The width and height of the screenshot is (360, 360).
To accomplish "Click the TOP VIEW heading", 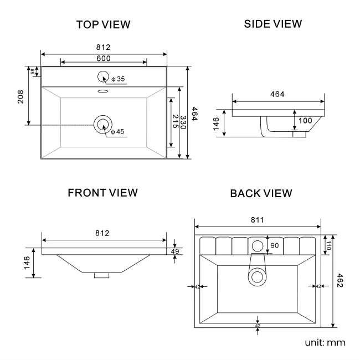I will point(104,24).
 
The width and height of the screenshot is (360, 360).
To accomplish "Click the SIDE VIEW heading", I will point(273,24).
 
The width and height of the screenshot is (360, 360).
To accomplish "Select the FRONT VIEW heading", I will point(102,193).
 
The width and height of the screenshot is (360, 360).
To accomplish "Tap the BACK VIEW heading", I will point(261,193).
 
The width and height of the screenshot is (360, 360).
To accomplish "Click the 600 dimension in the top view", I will point(104,58).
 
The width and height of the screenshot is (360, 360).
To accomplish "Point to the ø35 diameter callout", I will point(117,80).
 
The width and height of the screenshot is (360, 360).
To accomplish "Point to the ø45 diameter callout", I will point(117,131).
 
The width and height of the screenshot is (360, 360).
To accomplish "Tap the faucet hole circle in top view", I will point(103,77).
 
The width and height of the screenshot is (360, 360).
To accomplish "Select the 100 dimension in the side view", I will point(306,120).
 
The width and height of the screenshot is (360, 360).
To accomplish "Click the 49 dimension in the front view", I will point(176,251).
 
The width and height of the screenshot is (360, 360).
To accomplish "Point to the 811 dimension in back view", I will point(258,220).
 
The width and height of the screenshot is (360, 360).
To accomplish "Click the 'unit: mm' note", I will point(325,342).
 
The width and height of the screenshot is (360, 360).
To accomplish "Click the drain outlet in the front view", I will point(102,274).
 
